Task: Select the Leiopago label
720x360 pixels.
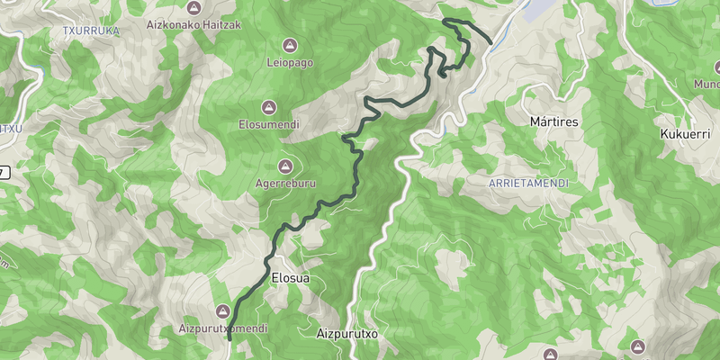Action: (289, 63)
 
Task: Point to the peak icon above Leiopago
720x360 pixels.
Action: (290, 45)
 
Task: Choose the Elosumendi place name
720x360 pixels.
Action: (270, 124)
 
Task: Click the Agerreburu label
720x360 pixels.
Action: (285, 184)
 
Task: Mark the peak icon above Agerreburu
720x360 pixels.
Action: (286, 166)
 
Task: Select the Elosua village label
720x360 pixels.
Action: (290, 278)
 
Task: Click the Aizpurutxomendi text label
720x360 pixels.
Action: (222, 328)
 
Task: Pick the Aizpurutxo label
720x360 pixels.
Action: (346, 334)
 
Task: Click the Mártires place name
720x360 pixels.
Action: (553, 121)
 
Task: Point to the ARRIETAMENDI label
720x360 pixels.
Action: (528, 182)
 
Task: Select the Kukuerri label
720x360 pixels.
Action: (686, 133)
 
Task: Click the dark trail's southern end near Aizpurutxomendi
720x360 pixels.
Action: (229, 331)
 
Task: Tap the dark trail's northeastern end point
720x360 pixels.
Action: (490, 41)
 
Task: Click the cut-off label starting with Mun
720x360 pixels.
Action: (706, 85)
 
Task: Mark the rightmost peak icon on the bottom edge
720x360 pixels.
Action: (638, 346)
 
